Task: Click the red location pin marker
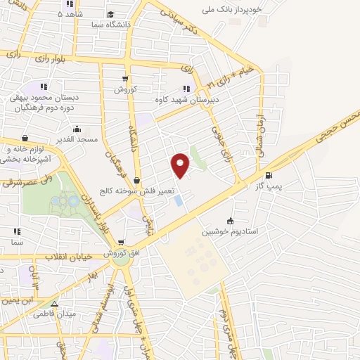tap(181, 165)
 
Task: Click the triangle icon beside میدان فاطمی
tap(54, 304)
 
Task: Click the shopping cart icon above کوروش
tap(124, 79)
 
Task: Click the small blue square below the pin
tap(178, 200)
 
